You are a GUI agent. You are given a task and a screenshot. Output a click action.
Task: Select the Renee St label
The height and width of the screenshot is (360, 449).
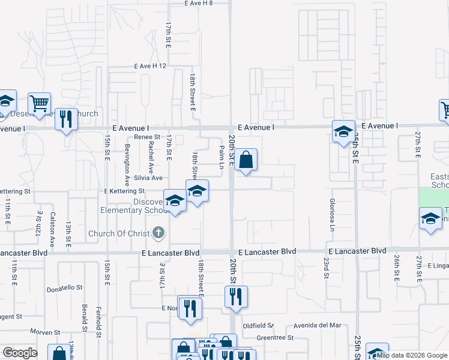[x=147, y=137]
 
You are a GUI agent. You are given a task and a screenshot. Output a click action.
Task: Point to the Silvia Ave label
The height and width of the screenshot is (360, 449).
[x=148, y=178]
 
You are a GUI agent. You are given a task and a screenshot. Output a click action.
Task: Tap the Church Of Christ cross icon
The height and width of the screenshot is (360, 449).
[x=158, y=233]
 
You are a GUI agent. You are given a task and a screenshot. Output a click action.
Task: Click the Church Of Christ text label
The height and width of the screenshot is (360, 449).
[x=118, y=233]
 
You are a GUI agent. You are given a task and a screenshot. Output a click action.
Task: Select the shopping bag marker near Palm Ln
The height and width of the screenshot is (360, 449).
[x=246, y=160]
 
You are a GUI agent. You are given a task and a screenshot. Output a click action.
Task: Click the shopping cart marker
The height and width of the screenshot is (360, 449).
[x=40, y=103]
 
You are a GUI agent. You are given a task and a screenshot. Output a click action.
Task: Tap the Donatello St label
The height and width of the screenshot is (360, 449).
[x=64, y=287]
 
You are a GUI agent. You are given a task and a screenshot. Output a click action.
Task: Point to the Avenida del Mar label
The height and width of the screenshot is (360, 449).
[x=318, y=326]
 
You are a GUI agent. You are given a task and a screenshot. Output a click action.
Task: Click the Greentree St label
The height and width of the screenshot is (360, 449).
[x=274, y=338]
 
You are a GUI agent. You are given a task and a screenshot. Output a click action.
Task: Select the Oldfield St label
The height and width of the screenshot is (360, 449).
[x=258, y=326]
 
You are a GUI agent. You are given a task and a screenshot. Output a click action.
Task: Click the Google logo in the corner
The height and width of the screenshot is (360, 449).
[x=20, y=353]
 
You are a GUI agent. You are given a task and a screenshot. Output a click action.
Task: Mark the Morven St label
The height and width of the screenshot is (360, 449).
[x=46, y=332]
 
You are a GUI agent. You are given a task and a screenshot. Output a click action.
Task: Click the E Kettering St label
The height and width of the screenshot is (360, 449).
[x=126, y=191]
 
